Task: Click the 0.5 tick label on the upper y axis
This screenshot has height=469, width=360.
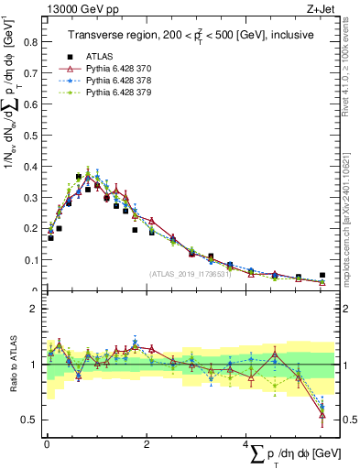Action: pyautogui.click(x=31, y=135)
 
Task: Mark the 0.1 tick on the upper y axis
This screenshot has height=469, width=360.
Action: pyautogui.click(x=31, y=260)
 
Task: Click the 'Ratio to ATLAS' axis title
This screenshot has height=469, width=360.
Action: pyautogui.click(x=11, y=365)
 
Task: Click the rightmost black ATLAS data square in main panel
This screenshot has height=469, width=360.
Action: pyautogui.click(x=322, y=275)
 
